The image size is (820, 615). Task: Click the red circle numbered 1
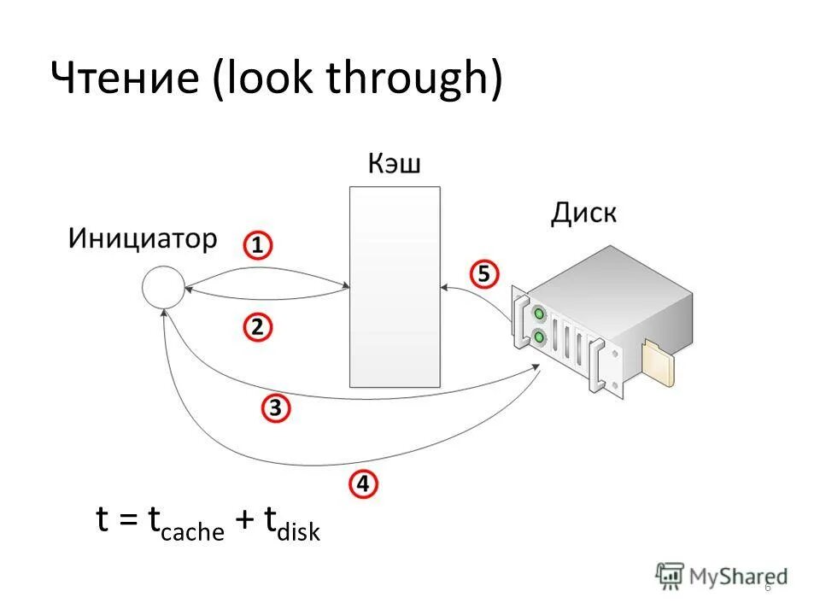click(258, 246)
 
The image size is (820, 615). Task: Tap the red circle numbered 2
click(258, 327)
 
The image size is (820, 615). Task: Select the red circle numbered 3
click(275, 408)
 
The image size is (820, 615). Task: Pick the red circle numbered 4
click(363, 484)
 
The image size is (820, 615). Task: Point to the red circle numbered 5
click(483, 274)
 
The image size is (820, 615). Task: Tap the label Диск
click(583, 212)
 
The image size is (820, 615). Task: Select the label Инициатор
click(143, 237)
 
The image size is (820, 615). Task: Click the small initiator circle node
click(163, 287)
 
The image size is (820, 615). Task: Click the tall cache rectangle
click(395, 286)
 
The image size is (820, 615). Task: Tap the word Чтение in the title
click(125, 81)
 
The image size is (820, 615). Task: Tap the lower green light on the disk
click(539, 338)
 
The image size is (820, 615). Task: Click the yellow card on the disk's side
click(659, 363)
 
